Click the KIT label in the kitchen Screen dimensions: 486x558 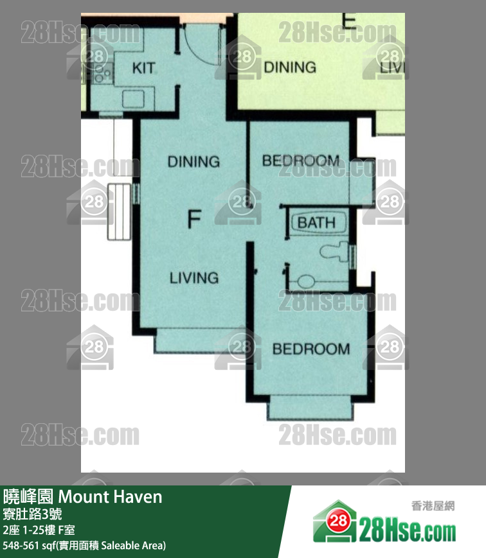[143, 67]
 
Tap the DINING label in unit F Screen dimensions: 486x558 [194, 162]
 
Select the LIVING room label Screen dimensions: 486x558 [194, 278]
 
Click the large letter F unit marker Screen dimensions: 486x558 [194, 219]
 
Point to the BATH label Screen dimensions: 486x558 [317, 223]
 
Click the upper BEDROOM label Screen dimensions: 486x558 [301, 161]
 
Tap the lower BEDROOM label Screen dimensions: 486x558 [311, 349]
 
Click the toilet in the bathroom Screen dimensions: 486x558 [334, 251]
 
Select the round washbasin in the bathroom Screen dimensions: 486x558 [306, 281]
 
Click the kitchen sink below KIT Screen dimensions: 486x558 [133, 99]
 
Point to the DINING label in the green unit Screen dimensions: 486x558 [290, 67]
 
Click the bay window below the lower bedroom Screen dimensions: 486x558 [310, 408]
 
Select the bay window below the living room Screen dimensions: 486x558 [200, 340]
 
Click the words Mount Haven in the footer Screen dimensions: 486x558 [110, 497]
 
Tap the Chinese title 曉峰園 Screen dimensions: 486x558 [28, 497]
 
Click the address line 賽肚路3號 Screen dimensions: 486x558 [32, 514]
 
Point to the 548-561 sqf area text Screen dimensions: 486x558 [84, 546]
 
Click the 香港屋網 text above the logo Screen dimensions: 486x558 [433, 506]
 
